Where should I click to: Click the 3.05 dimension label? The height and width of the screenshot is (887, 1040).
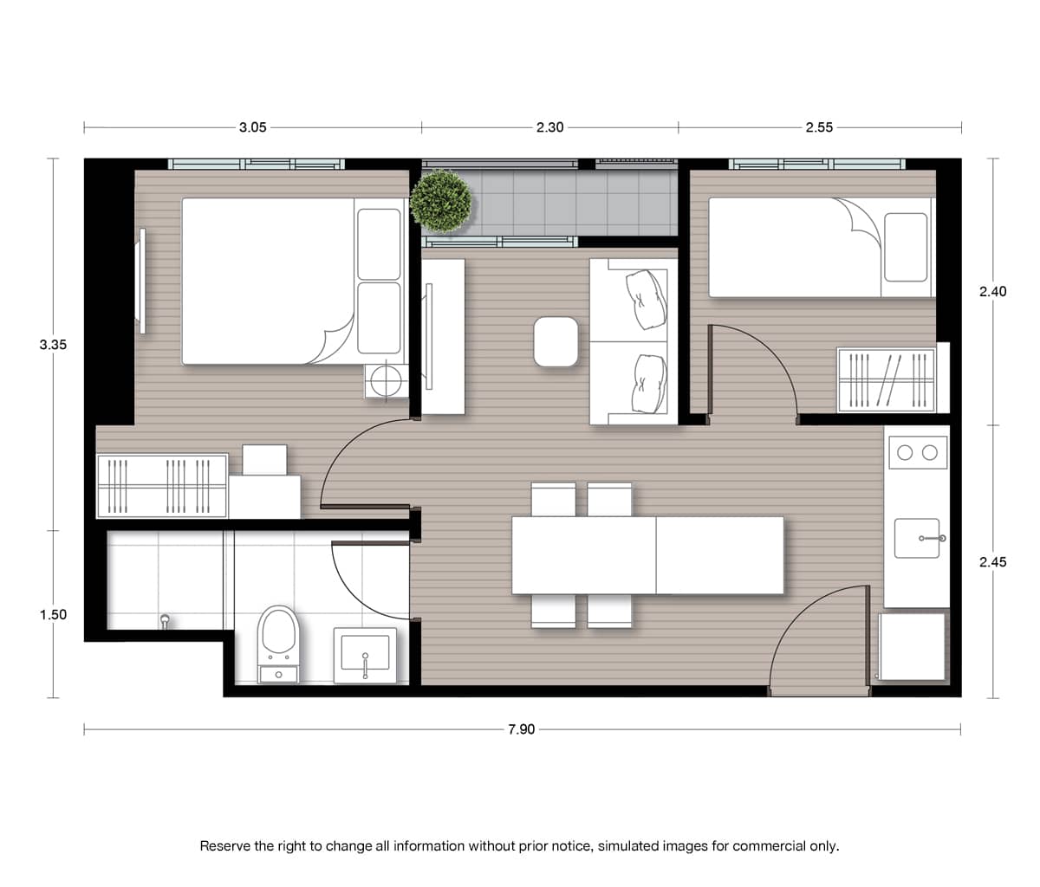[252, 127]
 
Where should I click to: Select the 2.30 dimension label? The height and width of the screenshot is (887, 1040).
[549, 127]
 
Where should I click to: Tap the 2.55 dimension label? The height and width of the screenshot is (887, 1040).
[819, 127]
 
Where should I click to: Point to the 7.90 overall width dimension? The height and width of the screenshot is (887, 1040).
[521, 729]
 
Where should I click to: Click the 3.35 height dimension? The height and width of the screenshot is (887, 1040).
[53, 345]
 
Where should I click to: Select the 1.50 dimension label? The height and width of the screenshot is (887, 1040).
[53, 614]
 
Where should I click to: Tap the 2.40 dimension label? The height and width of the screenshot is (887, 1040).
[992, 291]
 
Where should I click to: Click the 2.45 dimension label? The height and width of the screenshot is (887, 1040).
[992, 561]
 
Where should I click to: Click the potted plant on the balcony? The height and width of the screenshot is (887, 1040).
[441, 201]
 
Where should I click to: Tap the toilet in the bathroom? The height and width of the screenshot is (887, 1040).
[278, 644]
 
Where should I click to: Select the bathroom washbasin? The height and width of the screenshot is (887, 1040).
[365, 655]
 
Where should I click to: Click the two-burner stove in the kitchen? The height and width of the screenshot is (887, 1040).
[918, 452]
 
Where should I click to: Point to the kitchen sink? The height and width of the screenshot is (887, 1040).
[917, 538]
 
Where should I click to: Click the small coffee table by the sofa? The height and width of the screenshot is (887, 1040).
[556, 341]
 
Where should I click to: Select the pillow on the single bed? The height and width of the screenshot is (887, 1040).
[906, 248]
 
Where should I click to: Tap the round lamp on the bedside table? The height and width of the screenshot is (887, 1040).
[386, 380]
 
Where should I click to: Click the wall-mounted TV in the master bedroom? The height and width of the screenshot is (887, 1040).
[142, 281]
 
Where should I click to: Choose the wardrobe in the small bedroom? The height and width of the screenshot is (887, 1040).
[886, 379]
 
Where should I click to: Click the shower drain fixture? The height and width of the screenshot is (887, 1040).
[164, 621]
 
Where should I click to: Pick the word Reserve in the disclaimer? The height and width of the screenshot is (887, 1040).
[225, 845]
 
